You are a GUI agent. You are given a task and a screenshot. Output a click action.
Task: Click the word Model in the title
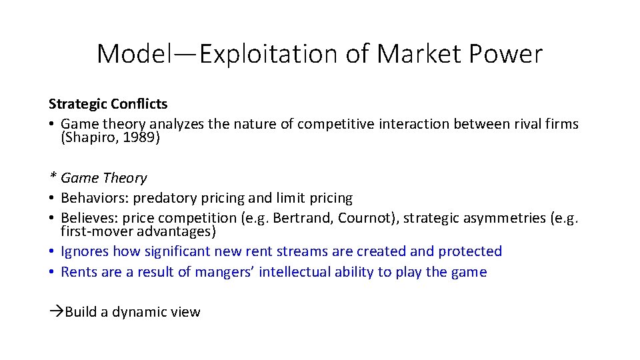pos(133,54)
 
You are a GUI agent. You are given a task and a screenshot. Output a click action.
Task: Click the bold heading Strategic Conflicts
pos(108,104)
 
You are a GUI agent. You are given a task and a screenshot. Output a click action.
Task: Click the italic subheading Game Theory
pos(103,178)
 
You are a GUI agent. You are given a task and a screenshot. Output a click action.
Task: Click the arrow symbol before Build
pos(56,312)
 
